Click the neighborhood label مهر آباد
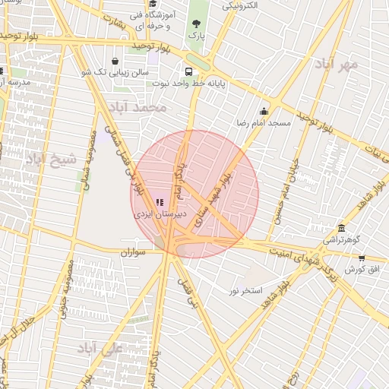338,65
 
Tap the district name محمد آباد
138,108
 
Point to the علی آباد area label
100,349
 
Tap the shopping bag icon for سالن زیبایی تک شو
115,62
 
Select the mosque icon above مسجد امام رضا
264,111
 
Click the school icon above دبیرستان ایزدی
160,202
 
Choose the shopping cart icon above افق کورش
361,258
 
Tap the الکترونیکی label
238,5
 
